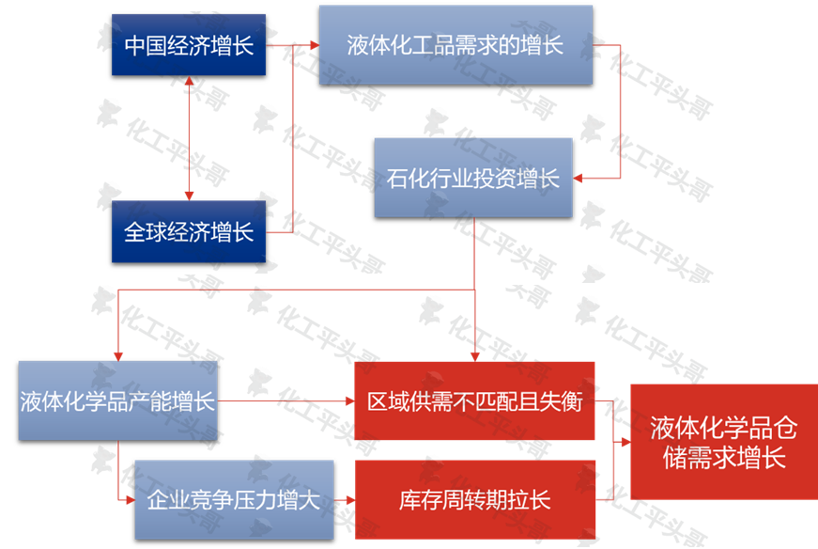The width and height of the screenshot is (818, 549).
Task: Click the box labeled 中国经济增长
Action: pos(189,45)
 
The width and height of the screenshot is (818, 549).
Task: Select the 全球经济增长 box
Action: pos(189,231)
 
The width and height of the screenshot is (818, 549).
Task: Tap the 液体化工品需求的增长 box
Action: pos(455,44)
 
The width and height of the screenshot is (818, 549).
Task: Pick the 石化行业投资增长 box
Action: pos(472,178)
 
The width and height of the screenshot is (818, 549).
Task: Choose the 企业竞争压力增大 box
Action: pos(234,499)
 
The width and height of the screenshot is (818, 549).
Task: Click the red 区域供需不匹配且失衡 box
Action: pos(474,400)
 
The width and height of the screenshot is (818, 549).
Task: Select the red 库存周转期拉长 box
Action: pos(474,499)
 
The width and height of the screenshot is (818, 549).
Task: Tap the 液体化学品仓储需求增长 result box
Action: pos(723,442)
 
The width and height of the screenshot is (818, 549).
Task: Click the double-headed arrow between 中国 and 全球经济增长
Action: pos(190,138)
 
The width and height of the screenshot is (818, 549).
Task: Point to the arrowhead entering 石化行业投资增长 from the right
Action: pos(580,178)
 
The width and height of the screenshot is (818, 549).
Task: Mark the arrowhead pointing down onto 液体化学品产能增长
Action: pos(117,354)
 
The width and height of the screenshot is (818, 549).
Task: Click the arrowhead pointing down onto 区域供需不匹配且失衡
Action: pos(474,354)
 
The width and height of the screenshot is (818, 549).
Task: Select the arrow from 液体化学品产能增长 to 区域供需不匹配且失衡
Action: pos(286,402)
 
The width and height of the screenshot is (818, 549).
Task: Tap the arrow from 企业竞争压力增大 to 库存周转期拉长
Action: pos(344,500)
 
